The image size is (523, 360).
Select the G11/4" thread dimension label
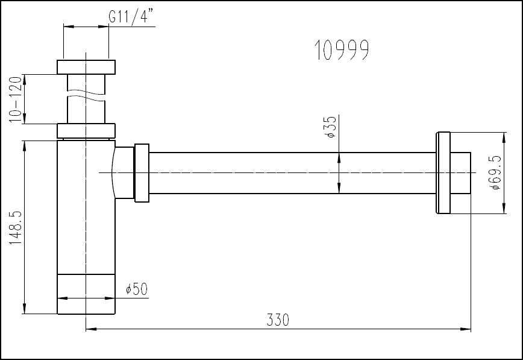[132, 17]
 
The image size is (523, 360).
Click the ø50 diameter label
[137, 289]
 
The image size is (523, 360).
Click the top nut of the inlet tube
[86, 66]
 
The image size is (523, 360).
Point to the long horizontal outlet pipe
[289, 173]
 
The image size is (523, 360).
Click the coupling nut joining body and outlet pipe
[142, 172]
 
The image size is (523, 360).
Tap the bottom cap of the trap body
[86, 294]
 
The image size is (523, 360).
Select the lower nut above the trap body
[86, 131]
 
